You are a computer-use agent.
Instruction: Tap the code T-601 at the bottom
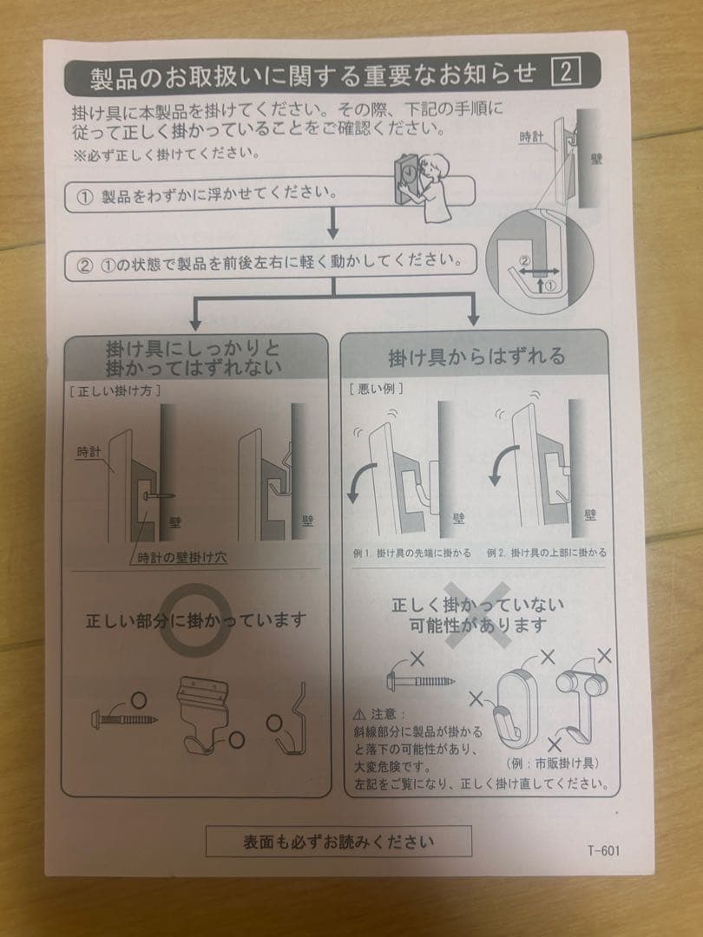coord(602,849)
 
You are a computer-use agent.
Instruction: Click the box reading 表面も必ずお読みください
coord(338,841)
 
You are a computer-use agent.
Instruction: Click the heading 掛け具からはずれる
coord(476,356)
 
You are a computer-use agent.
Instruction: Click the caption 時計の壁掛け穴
coord(181,555)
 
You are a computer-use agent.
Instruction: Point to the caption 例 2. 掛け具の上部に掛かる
coord(546,552)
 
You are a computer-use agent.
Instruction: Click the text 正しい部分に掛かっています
coord(195,620)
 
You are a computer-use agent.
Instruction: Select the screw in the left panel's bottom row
coord(123,719)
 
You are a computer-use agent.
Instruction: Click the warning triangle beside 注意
coord(359,715)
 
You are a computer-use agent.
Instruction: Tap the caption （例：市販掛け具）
coord(551,763)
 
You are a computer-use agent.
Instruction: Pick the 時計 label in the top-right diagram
coord(531,136)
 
